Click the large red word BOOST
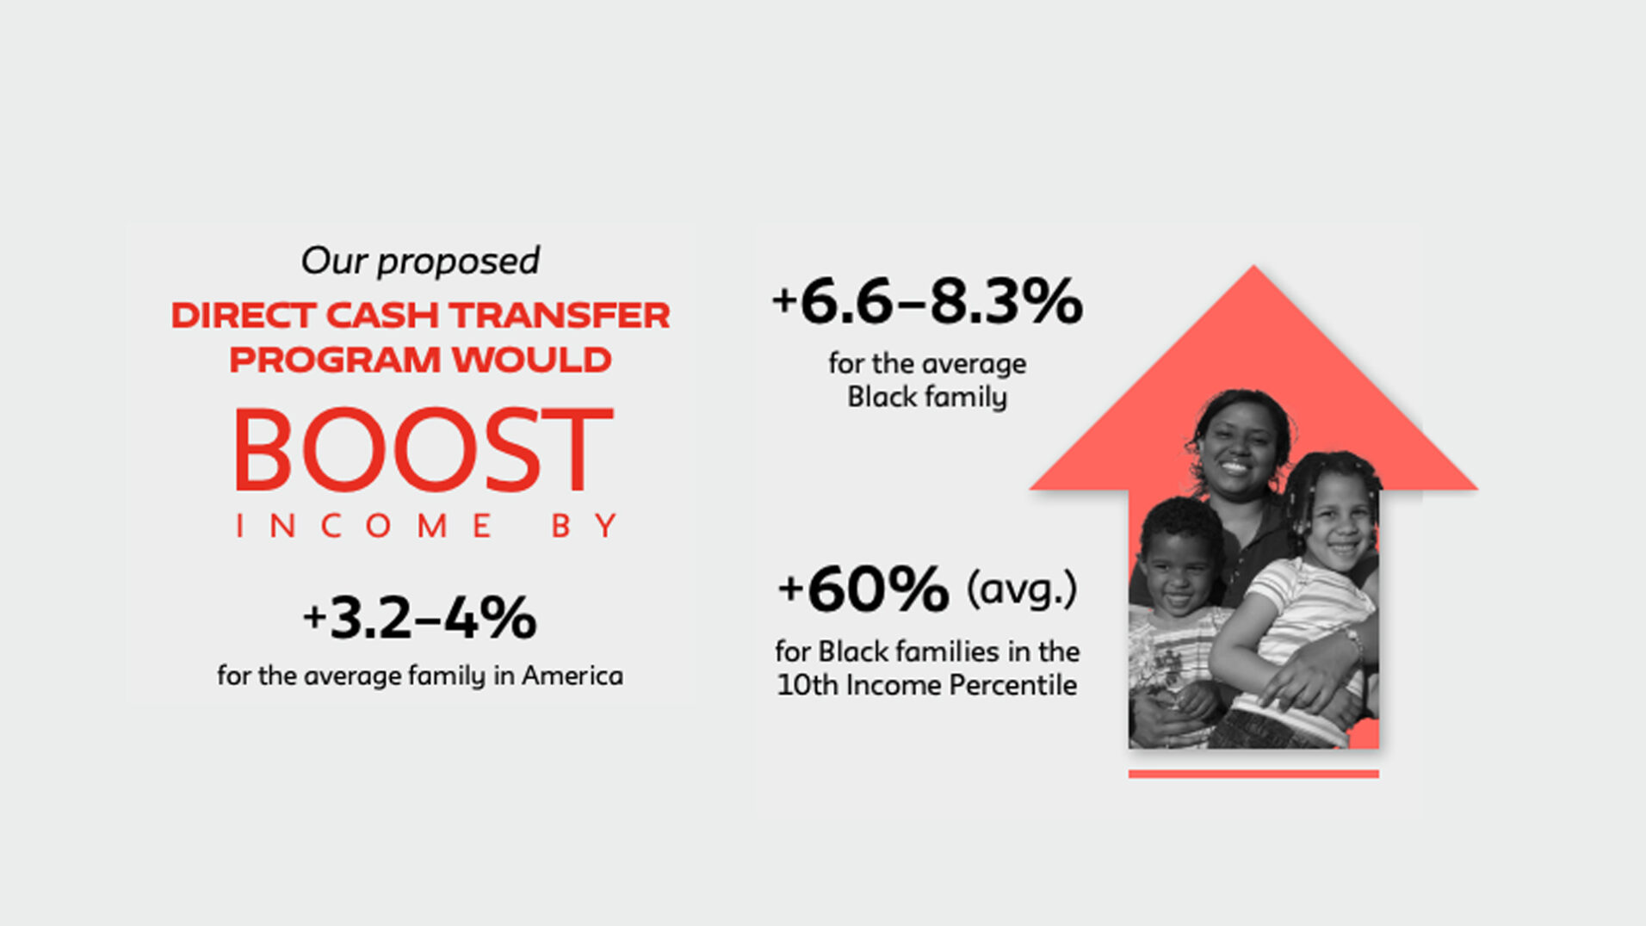(x=423, y=449)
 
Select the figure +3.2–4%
(x=420, y=618)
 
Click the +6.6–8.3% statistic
(x=927, y=301)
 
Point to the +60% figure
(x=863, y=590)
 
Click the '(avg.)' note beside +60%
(x=1022, y=590)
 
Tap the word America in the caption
(x=572, y=676)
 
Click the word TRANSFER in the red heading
(x=560, y=315)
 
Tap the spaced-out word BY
(x=585, y=526)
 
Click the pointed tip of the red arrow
(x=1253, y=266)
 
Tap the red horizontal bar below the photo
(x=1253, y=774)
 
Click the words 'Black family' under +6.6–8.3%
(x=927, y=397)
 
